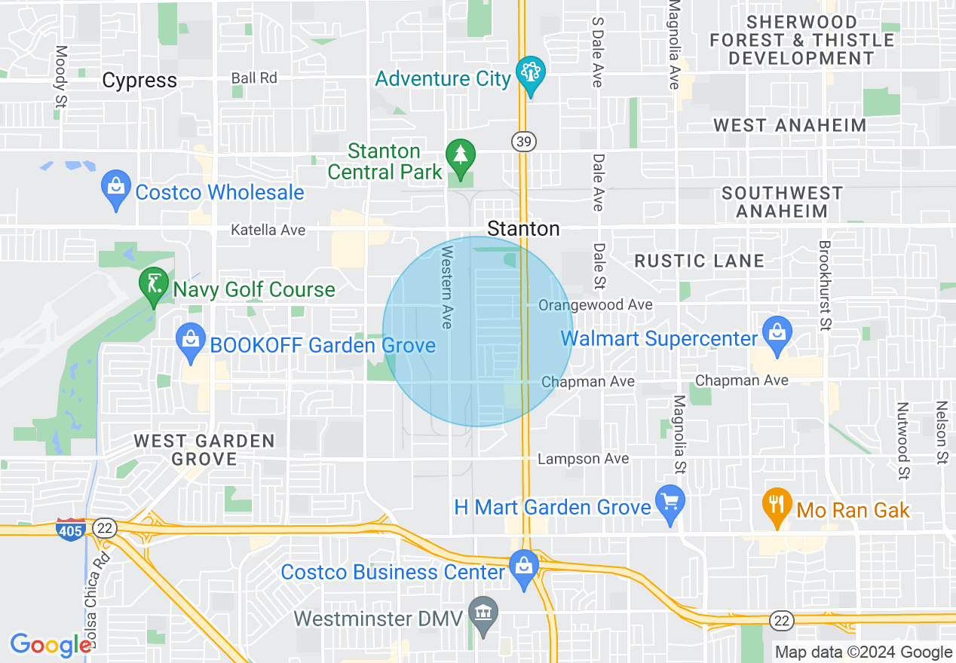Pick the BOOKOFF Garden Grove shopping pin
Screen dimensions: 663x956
click(192, 342)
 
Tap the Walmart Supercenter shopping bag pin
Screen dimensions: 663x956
click(776, 334)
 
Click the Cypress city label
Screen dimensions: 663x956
click(139, 81)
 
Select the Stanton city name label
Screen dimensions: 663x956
click(523, 228)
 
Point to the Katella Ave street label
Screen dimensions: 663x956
click(268, 230)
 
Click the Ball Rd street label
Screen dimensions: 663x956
click(254, 78)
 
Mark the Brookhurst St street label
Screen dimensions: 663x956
click(825, 286)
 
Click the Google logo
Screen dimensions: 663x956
click(51, 645)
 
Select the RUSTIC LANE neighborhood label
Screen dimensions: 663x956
click(699, 261)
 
